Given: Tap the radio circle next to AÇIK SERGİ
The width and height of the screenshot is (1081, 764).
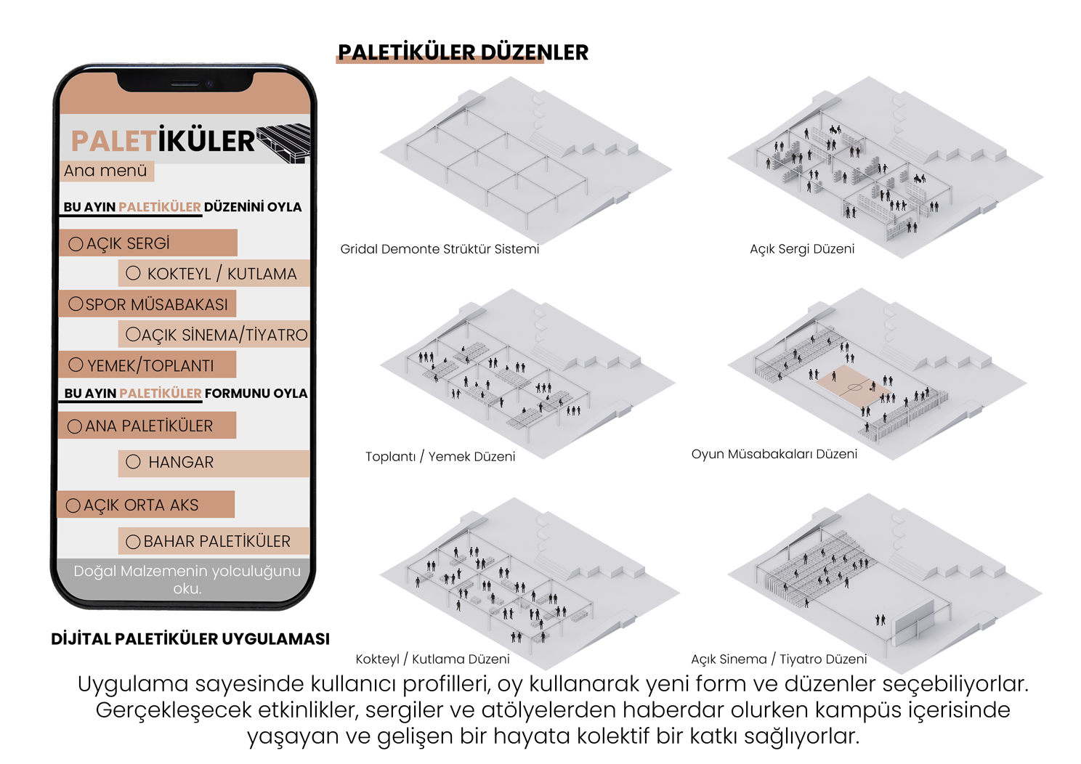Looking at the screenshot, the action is [76, 243].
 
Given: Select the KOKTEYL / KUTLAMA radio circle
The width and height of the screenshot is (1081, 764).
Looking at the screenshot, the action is [133, 273].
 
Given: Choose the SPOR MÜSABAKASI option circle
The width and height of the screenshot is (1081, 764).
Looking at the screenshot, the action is [76, 304].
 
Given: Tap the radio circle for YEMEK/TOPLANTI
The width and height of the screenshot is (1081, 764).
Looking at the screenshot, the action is [76, 365].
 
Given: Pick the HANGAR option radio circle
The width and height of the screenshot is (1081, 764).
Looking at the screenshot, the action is [133, 462].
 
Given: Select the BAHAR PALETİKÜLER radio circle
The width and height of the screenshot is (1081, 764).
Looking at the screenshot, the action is [133, 542].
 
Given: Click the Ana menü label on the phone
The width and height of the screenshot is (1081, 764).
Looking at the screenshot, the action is [105, 170].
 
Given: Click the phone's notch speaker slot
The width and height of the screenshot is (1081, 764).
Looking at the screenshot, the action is [185, 84].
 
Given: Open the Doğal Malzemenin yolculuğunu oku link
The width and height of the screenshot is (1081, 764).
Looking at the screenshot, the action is [187, 580].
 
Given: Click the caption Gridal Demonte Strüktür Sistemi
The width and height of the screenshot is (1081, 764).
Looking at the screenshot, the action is [440, 249].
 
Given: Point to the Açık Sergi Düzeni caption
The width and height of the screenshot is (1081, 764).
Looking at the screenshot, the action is [802, 249].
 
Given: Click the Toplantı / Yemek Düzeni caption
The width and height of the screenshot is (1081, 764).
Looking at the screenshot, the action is [440, 456].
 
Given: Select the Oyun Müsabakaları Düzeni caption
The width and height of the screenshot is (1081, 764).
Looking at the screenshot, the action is [774, 454].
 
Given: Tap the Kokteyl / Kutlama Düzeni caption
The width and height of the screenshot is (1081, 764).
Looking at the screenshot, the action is [432, 659].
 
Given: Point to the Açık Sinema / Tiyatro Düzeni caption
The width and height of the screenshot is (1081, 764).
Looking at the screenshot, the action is [779, 659].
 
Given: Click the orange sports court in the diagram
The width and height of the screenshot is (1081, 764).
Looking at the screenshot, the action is [852, 387].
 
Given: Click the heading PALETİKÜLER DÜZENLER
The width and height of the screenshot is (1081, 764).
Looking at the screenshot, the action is [463, 52].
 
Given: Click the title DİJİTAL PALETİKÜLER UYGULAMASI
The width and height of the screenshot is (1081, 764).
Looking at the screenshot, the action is [190, 638].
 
